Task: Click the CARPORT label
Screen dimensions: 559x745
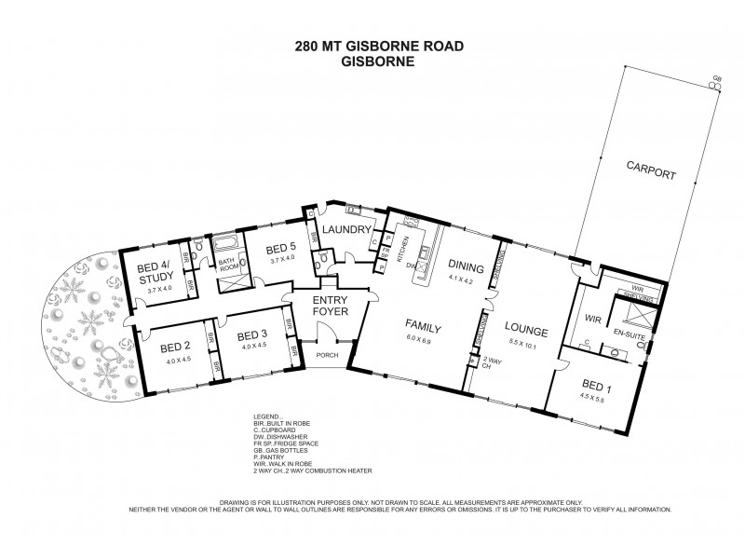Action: tap(651, 174)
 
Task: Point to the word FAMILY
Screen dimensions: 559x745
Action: tap(422, 326)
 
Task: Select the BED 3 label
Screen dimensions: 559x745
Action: tap(252, 335)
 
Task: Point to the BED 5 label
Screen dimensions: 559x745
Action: tap(280, 248)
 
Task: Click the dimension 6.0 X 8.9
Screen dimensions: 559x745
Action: tap(422, 341)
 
